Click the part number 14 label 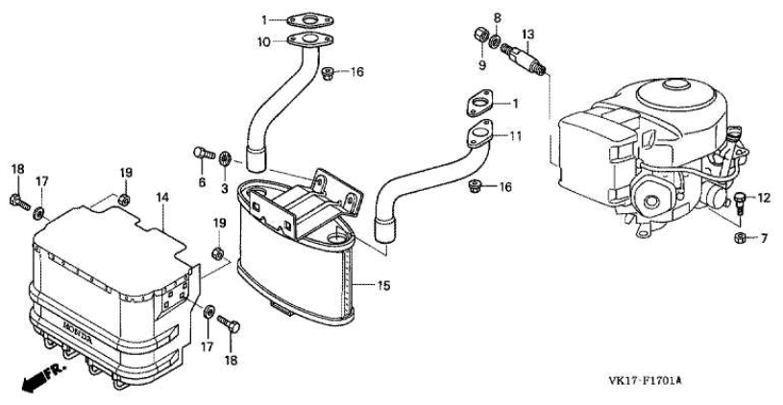(162, 198)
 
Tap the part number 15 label (383, 286)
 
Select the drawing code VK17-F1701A (645, 381)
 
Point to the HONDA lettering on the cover (77, 332)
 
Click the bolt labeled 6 (204, 153)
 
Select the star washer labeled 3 (224, 158)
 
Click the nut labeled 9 (481, 36)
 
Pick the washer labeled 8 (496, 41)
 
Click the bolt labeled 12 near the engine (741, 203)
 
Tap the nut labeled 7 (741, 238)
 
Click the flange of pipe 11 (479, 133)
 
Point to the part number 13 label (527, 35)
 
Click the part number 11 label (515, 135)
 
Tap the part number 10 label (263, 42)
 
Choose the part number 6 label (202, 182)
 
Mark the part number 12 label (764, 199)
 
